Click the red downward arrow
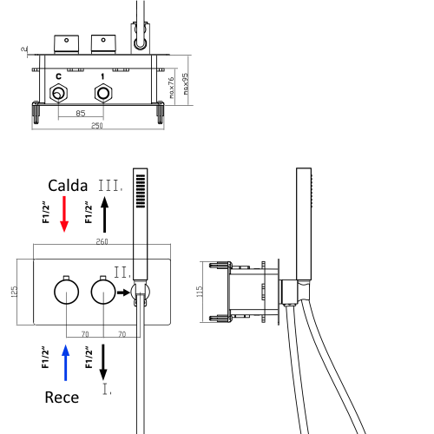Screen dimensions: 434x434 (x=63, y=214)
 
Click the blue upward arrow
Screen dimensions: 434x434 (x=64, y=362)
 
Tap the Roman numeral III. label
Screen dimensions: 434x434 (x=109, y=186)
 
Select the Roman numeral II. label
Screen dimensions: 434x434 (x=122, y=273)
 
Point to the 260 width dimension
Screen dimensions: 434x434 (x=102, y=241)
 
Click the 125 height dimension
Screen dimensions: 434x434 (x=14, y=292)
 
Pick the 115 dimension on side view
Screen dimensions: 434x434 (x=200, y=291)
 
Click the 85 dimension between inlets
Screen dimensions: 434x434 (x=81, y=113)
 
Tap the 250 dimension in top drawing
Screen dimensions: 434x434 (x=97, y=127)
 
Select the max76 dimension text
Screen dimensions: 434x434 (x=172, y=87)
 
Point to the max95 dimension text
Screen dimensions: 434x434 (x=186, y=86)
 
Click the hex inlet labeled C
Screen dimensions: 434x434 (x=59, y=93)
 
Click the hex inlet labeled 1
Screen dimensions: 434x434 (x=102, y=93)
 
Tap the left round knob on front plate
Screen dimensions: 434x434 (x=62, y=291)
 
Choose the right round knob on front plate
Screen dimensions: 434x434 (x=103, y=291)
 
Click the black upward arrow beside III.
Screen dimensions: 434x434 (x=105, y=213)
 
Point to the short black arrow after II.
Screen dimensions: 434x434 (x=123, y=293)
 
